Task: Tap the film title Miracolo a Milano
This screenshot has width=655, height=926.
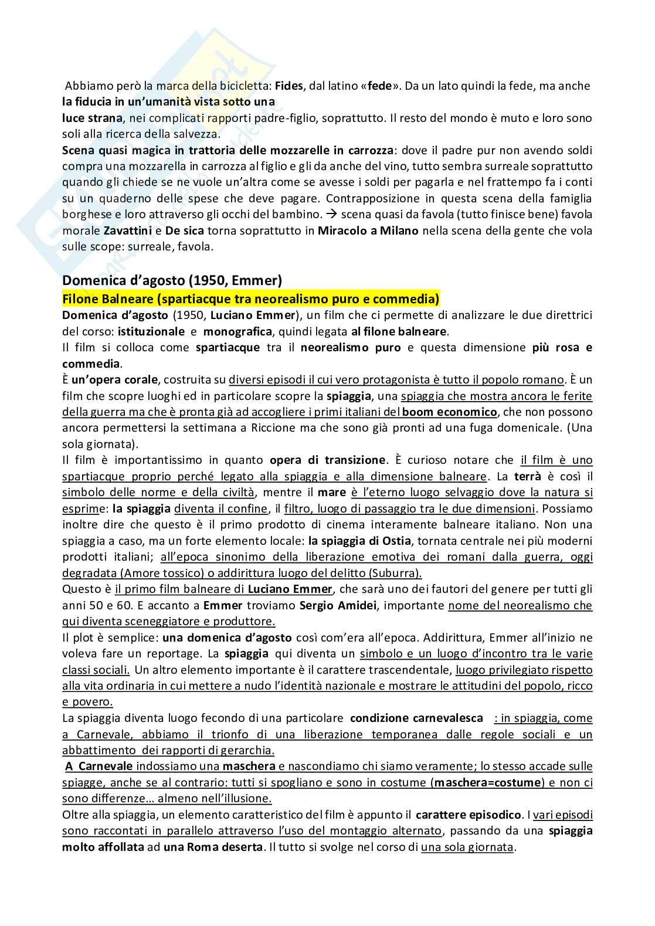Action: click(368, 230)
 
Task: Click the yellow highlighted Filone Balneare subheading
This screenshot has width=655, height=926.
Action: click(250, 299)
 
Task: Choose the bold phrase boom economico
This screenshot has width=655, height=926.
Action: click(449, 412)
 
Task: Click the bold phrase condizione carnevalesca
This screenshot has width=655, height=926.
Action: click(416, 718)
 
